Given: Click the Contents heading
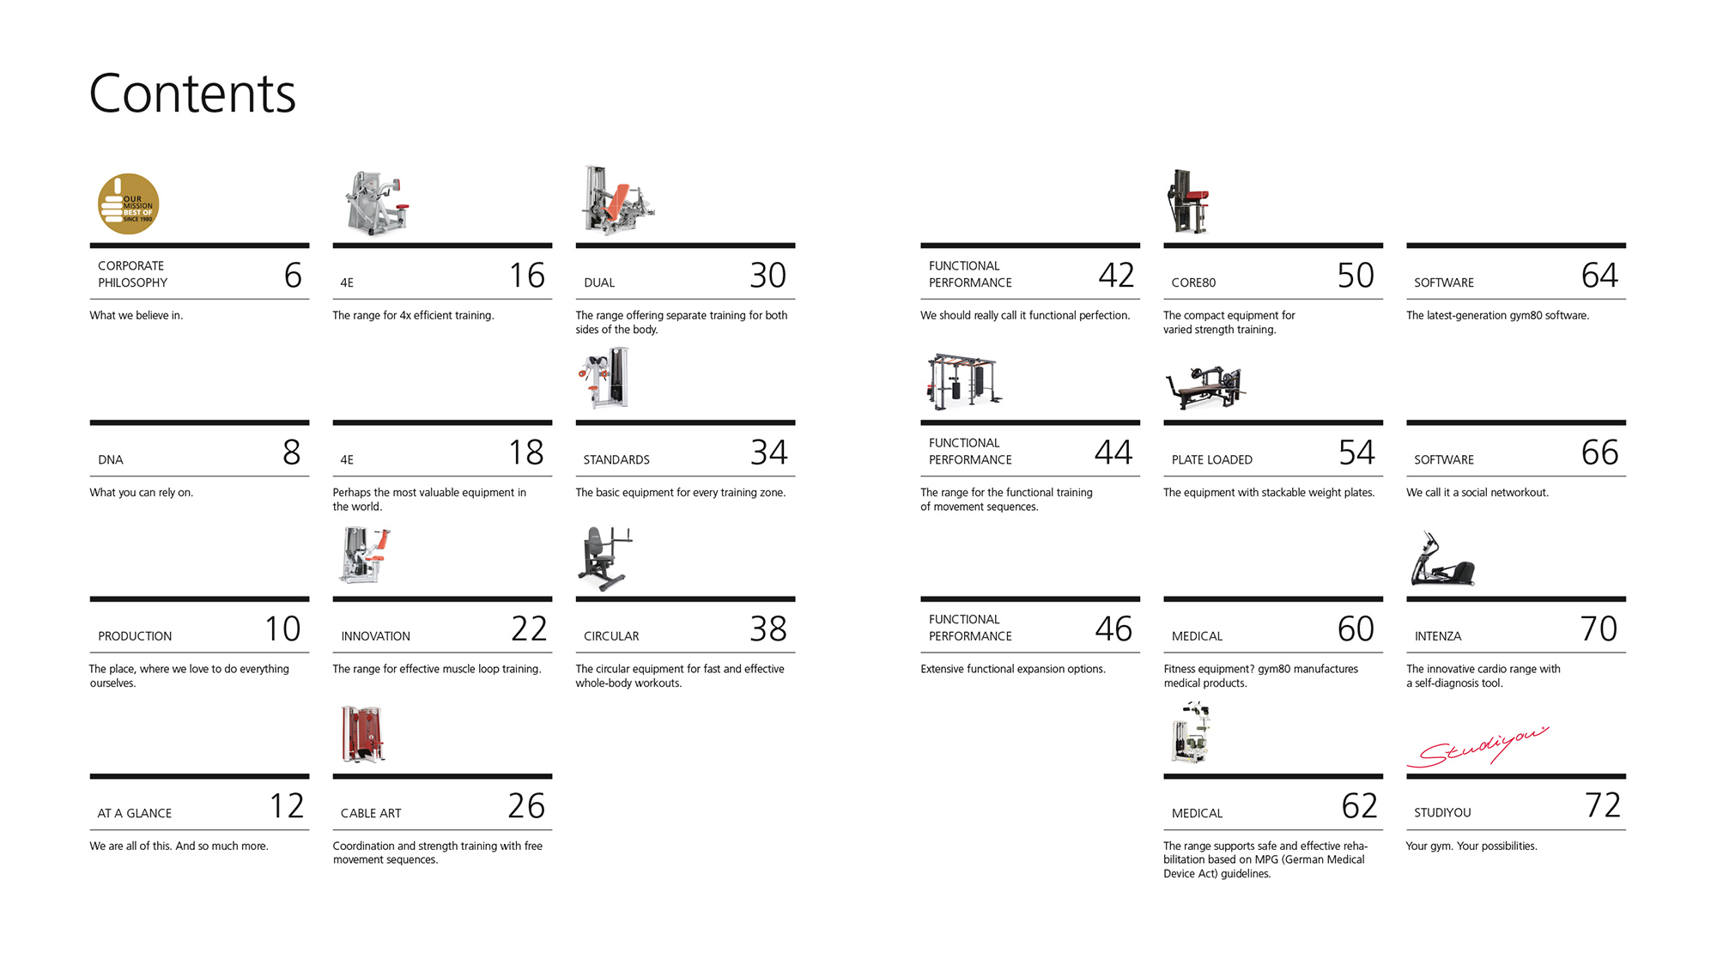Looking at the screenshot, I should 192,94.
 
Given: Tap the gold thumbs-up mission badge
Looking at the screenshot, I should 128,204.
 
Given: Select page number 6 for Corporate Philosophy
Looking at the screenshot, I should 293,276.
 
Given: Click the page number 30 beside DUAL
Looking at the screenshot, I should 767,276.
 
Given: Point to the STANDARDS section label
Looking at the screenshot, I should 616,460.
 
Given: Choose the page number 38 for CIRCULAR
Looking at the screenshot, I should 767,629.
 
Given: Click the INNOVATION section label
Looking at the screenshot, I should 375,636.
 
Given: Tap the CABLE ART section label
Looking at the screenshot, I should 371,813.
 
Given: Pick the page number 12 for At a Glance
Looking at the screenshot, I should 287,806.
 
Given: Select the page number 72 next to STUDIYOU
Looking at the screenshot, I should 1603,805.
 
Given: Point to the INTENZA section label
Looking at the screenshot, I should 1438,636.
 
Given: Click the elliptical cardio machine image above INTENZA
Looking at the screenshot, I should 1441,560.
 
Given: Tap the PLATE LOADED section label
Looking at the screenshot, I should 1212,460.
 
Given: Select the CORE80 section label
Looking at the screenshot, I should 1193,282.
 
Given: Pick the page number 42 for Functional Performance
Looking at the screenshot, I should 1116,276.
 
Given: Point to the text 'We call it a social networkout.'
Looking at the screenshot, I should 1477,493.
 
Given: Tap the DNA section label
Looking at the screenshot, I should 111,460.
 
